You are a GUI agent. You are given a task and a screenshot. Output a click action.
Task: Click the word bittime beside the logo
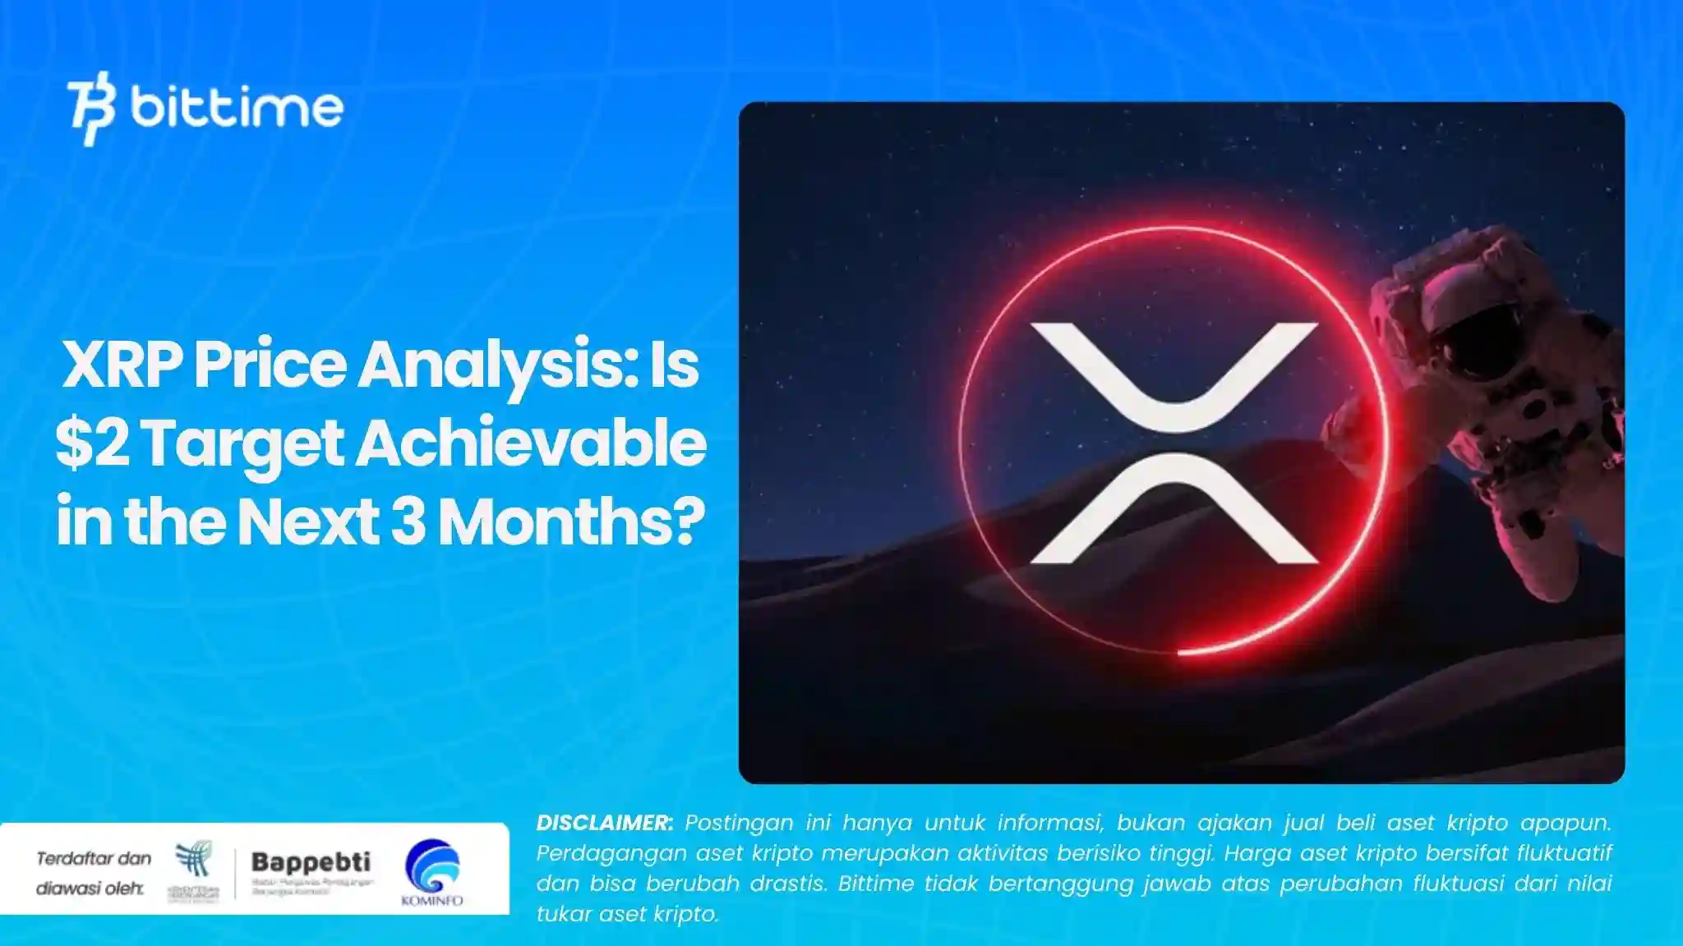coord(237,108)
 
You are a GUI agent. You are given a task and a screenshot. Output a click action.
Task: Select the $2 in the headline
coord(92,443)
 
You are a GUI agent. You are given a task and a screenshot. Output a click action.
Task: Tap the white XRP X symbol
coord(1173,443)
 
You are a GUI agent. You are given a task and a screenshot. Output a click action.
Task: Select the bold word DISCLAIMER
coord(605,823)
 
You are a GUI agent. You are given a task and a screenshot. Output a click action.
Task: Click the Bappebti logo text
coord(311,862)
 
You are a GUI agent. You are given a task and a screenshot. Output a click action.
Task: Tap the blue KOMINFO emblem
coord(432,867)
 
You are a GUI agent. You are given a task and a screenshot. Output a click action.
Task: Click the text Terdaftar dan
coord(94,859)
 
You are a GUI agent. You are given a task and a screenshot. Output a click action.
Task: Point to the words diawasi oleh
coord(90,889)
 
